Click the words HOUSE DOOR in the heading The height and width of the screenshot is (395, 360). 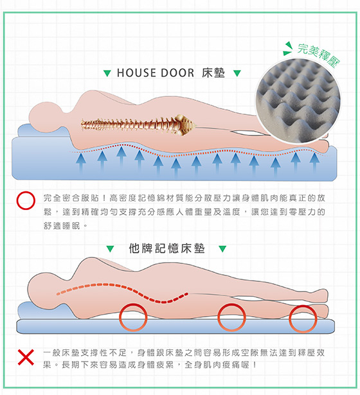[156, 73]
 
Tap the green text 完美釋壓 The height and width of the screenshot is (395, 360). [319, 55]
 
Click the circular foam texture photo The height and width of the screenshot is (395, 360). [298, 101]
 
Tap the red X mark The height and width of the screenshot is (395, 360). [26, 357]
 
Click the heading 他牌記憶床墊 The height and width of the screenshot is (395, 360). [166, 249]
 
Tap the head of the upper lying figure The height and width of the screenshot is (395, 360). [45, 117]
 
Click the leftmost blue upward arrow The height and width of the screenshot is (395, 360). [80, 163]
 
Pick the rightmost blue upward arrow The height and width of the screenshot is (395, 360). [314, 162]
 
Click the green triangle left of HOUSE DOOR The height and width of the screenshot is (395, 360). [107, 73]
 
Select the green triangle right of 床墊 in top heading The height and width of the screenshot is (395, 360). [237, 73]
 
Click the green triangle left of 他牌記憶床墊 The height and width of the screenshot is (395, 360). [110, 249]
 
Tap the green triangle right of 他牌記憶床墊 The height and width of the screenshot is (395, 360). [222, 249]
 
